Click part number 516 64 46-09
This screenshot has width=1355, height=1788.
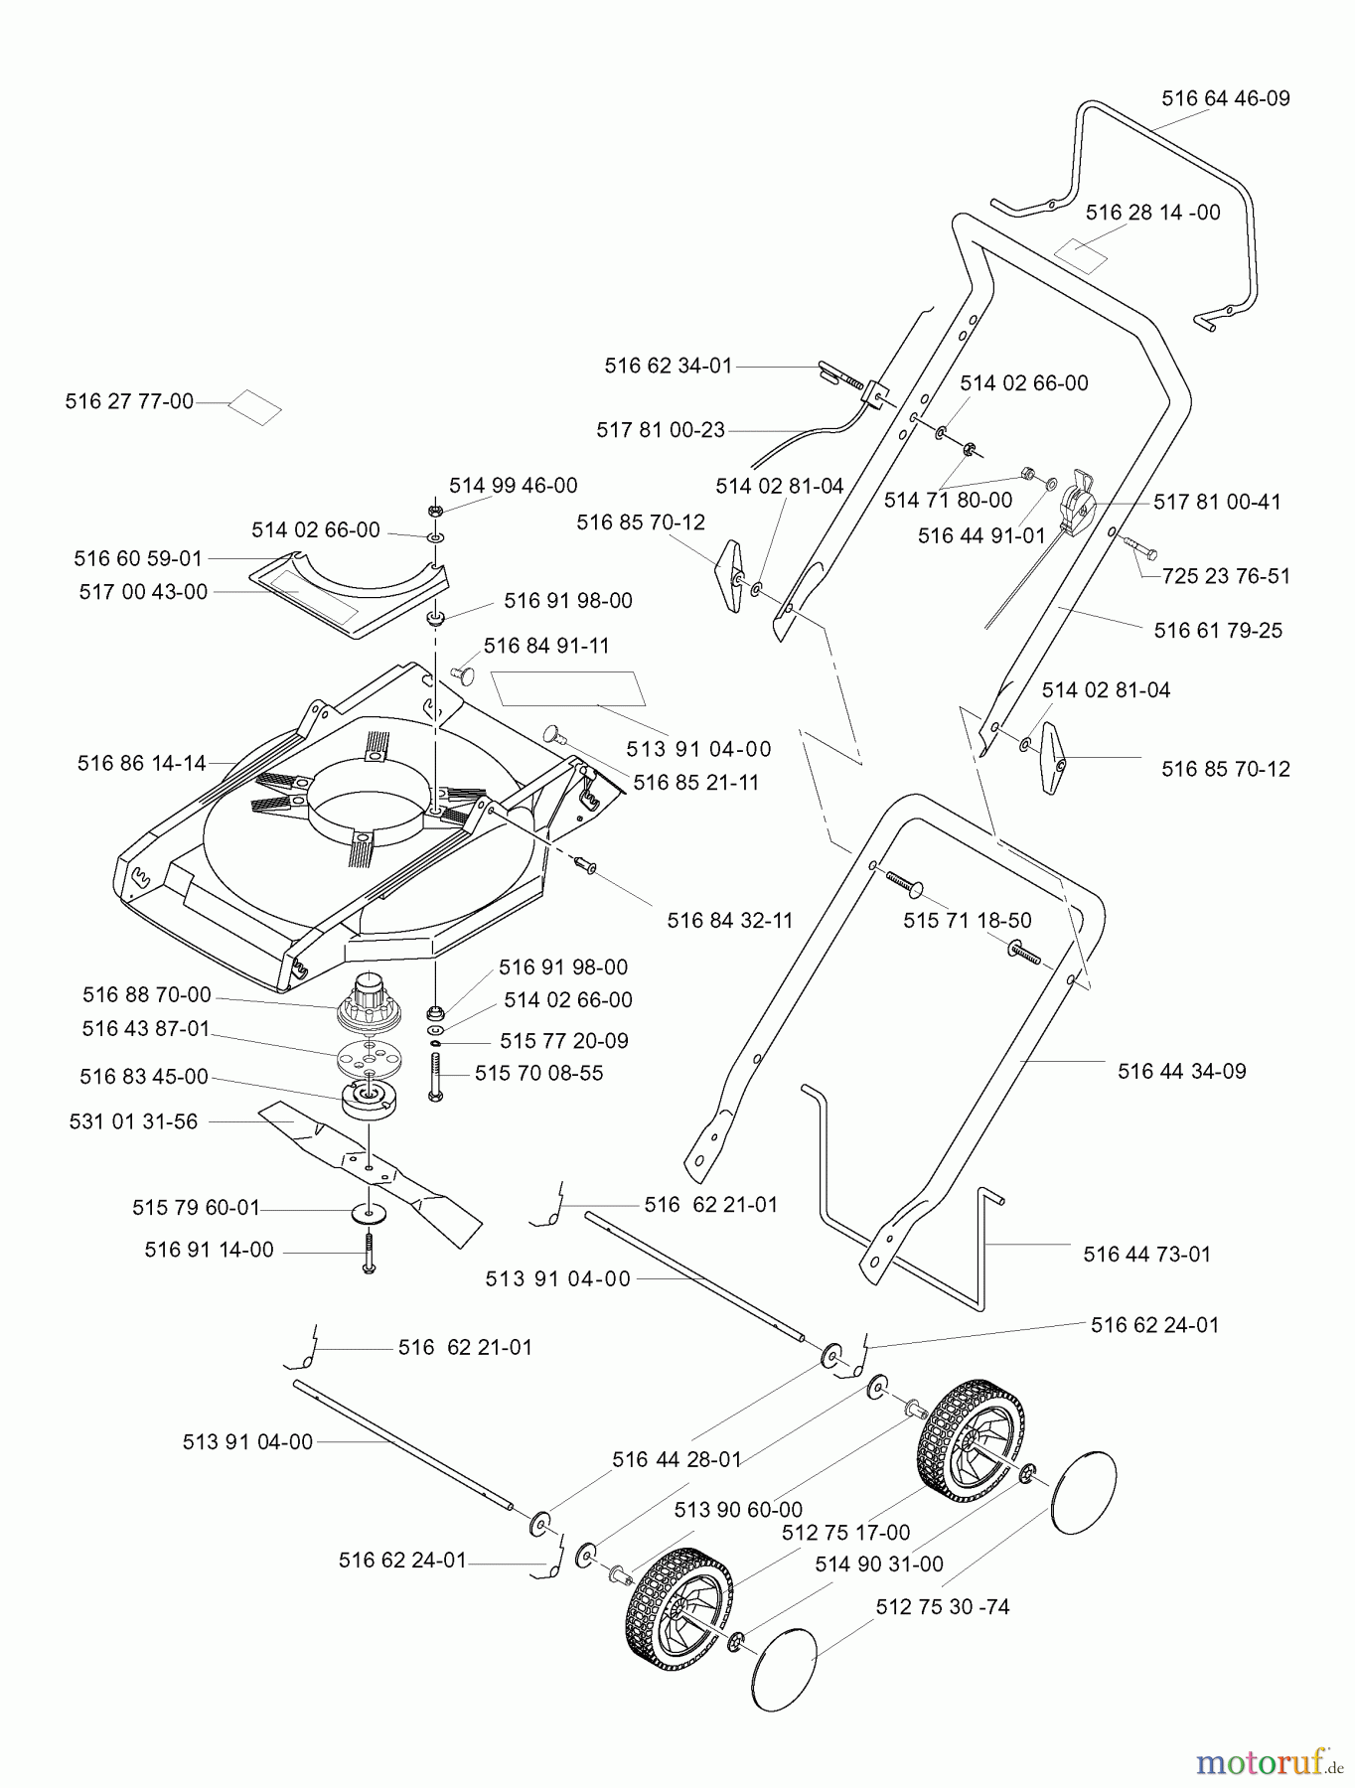[x=1225, y=98]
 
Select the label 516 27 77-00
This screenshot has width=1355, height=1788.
[x=129, y=401]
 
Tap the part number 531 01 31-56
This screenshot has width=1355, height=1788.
[x=133, y=1121]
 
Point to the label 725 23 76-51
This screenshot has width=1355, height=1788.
[x=1226, y=576]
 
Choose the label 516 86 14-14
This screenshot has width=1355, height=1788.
[x=141, y=763]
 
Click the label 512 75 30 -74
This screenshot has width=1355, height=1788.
[x=943, y=1606]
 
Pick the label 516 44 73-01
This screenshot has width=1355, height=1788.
[x=1146, y=1254]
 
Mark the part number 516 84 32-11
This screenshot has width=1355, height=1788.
[x=730, y=920]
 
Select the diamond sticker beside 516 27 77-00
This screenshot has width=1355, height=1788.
[x=254, y=406]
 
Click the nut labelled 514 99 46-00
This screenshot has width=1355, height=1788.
[x=434, y=511]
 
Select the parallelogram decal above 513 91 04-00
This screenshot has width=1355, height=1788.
[x=568, y=687]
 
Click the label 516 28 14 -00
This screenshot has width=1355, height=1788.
[x=1152, y=213]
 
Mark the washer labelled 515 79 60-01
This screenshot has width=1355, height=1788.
[x=370, y=1212]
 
